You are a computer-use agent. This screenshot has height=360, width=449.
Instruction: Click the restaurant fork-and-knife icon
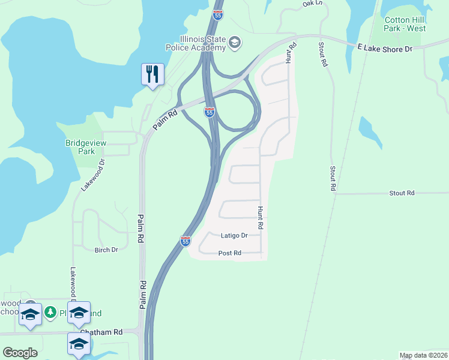click(152, 74)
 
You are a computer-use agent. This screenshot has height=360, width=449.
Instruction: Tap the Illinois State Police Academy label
click(196, 43)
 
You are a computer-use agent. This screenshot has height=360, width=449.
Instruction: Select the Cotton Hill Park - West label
click(405, 24)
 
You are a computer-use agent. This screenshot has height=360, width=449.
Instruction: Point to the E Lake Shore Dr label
click(385, 47)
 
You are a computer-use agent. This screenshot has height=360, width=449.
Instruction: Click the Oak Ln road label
click(312, 3)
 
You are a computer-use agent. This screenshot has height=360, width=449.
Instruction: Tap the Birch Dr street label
click(106, 250)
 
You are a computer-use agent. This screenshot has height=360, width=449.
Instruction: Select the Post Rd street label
click(229, 253)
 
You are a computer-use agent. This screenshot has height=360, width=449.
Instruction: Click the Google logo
click(20, 352)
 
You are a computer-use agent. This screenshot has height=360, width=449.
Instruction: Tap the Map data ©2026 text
click(423, 355)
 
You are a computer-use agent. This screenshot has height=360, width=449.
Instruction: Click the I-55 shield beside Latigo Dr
click(185, 241)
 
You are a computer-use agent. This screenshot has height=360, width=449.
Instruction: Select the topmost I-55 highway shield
click(218, 14)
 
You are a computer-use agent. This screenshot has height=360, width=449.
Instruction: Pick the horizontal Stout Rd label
click(402, 193)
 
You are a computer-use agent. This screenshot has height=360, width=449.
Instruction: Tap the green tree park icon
click(52, 312)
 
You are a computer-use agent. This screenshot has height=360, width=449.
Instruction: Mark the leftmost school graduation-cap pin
click(30, 314)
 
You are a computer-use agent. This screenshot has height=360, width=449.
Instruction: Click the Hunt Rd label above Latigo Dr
click(261, 218)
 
